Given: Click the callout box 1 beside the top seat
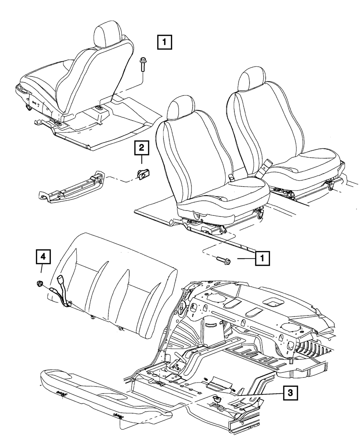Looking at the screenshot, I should (x=164, y=42).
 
